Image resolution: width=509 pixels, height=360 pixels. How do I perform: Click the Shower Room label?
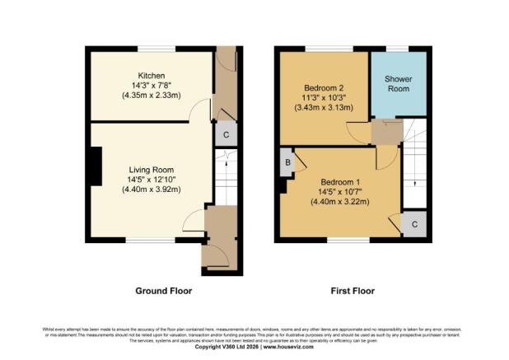(x=399, y=83)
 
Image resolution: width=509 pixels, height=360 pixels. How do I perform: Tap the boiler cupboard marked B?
(x=287, y=161)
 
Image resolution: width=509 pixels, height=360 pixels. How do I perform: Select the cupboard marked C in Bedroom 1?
(x=415, y=223)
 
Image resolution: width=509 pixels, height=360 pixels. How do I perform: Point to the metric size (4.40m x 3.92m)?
(x=149, y=189)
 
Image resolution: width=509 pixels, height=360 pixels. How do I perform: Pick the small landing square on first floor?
(x=385, y=131)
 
